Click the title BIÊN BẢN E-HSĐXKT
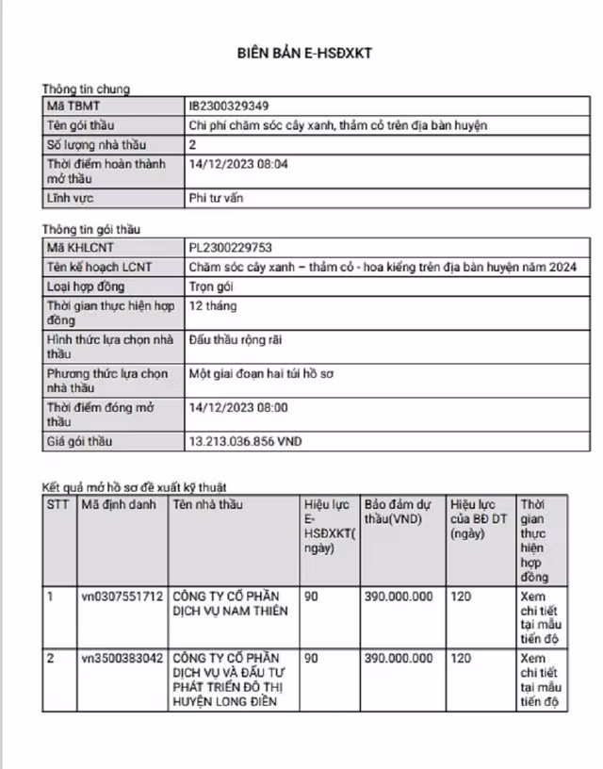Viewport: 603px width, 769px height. (304, 53)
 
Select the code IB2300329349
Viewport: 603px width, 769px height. (228, 106)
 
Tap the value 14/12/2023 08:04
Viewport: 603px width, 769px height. (238, 164)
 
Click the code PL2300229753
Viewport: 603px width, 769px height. (231, 248)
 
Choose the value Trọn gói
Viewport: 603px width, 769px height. (212, 286)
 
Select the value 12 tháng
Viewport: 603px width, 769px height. (213, 306)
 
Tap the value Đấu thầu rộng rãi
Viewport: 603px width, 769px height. (236, 339)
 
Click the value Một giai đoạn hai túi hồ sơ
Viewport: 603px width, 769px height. (261, 374)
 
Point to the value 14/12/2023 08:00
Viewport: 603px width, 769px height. (238, 408)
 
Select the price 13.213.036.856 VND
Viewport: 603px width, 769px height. (246, 441)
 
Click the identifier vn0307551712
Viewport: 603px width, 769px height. (122, 597)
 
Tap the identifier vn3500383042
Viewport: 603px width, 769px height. (122, 658)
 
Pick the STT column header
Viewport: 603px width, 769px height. (57, 505)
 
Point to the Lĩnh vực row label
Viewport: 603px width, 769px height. (71, 199)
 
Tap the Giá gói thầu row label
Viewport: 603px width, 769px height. (82, 441)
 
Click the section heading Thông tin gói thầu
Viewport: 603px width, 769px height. (91, 229)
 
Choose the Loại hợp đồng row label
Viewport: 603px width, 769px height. (86, 286)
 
